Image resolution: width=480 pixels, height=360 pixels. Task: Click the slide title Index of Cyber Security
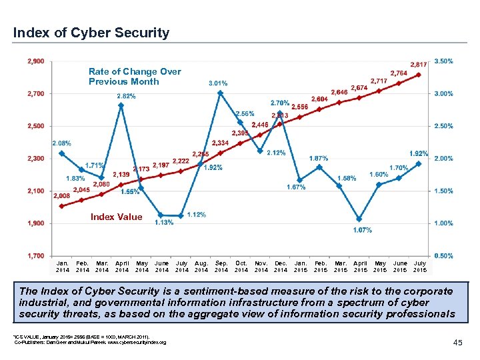click(91, 33)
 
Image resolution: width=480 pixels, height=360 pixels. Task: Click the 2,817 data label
click(419, 64)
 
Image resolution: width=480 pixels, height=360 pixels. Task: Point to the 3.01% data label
click(218, 83)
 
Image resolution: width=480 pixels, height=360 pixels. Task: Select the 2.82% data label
click(126, 96)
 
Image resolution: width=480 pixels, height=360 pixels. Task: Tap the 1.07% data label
click(362, 230)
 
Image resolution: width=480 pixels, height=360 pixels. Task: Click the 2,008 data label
click(61, 196)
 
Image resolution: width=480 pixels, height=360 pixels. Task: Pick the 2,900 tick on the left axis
click(36, 61)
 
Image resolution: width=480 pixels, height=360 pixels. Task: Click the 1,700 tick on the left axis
click(36, 256)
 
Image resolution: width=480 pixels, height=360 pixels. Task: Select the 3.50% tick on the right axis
click(444, 61)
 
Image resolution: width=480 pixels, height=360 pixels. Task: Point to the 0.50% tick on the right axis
click(444, 256)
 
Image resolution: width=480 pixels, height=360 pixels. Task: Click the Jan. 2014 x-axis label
click(62, 267)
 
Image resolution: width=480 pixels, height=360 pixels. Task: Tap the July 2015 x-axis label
click(420, 267)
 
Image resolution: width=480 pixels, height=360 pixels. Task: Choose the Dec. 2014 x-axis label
click(281, 267)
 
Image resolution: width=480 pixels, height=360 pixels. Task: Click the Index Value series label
click(116, 217)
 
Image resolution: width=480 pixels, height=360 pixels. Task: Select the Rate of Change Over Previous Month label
click(135, 77)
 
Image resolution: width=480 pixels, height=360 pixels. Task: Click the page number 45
click(457, 342)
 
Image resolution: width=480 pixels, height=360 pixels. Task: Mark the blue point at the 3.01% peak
click(221, 93)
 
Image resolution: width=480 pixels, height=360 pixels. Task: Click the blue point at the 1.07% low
click(360, 219)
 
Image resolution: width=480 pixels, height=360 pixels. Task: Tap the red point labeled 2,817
click(419, 75)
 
